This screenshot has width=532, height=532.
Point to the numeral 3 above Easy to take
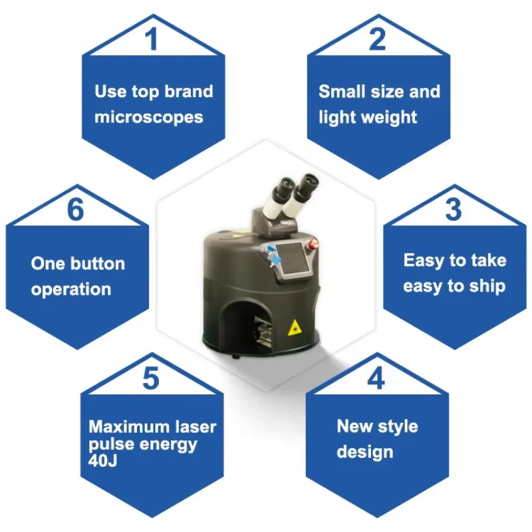point(454,209)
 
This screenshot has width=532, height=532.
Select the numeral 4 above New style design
point(376,378)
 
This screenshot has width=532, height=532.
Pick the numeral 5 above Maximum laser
point(151,378)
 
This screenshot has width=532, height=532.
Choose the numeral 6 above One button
point(75,209)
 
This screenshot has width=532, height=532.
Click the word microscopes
point(148,118)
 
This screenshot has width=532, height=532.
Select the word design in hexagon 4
point(365,452)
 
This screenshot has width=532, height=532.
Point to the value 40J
point(102,460)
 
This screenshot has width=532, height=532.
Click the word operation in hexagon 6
point(71,289)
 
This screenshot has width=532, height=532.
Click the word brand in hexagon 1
point(189,91)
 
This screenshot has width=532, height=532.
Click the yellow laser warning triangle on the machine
point(295,328)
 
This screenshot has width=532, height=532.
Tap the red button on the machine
point(313,243)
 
